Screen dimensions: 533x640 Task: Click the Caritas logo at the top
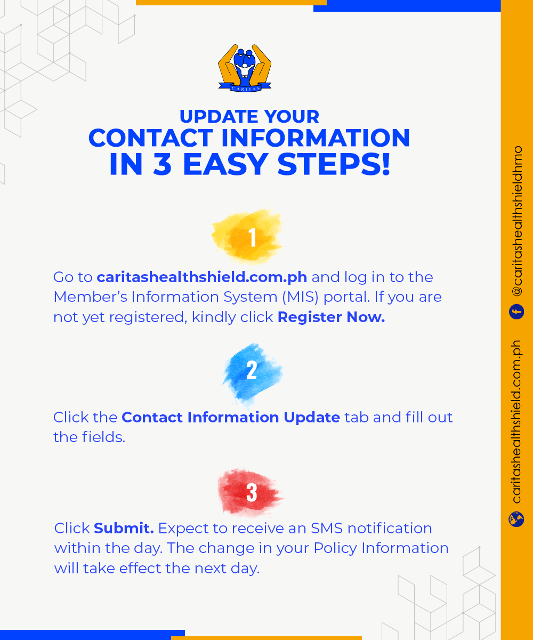[x=245, y=68]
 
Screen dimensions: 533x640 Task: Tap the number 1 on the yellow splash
[x=253, y=237]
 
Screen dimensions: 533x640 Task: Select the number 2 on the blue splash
[x=252, y=370]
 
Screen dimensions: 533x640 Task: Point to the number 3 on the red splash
[x=252, y=493]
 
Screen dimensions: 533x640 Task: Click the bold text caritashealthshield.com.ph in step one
[x=202, y=277]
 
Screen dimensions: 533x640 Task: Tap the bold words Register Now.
[x=331, y=317]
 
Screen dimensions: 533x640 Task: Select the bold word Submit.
[x=124, y=528]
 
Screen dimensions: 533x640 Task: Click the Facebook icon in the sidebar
[x=516, y=311]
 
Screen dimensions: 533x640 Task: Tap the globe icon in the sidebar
[x=516, y=519]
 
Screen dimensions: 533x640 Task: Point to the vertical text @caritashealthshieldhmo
[x=517, y=221]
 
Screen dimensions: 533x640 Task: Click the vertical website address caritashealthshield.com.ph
[x=517, y=422]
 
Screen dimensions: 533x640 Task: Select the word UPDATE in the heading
[x=219, y=116]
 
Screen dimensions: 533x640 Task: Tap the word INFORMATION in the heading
[x=315, y=138]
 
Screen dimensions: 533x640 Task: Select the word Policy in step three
[x=335, y=548]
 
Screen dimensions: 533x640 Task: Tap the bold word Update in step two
[x=312, y=418]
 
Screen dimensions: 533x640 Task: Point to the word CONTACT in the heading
[x=150, y=138]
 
